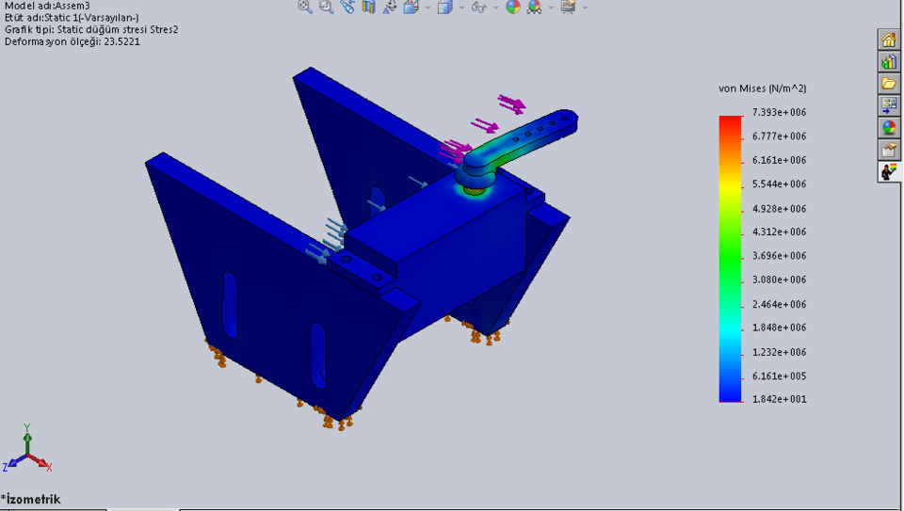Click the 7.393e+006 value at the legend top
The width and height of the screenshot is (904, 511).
point(779,113)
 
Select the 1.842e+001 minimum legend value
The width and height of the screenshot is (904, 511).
point(779,399)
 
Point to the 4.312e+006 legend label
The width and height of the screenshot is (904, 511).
point(779,232)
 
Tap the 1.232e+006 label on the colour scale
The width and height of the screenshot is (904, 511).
point(779,352)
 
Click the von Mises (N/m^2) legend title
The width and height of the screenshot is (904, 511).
point(762,88)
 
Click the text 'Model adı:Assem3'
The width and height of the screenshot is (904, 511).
point(47,6)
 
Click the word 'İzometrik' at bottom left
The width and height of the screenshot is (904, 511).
point(34,499)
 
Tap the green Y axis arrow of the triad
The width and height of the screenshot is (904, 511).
point(27,434)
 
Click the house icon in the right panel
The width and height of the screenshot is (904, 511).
point(888,40)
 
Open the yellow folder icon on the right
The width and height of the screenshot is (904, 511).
point(888,84)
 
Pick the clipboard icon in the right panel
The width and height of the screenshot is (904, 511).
point(888,150)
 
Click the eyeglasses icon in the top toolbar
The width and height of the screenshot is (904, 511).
point(478,8)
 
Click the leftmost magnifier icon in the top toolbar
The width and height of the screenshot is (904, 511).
point(305,7)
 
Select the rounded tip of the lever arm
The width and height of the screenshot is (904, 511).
point(569,119)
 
